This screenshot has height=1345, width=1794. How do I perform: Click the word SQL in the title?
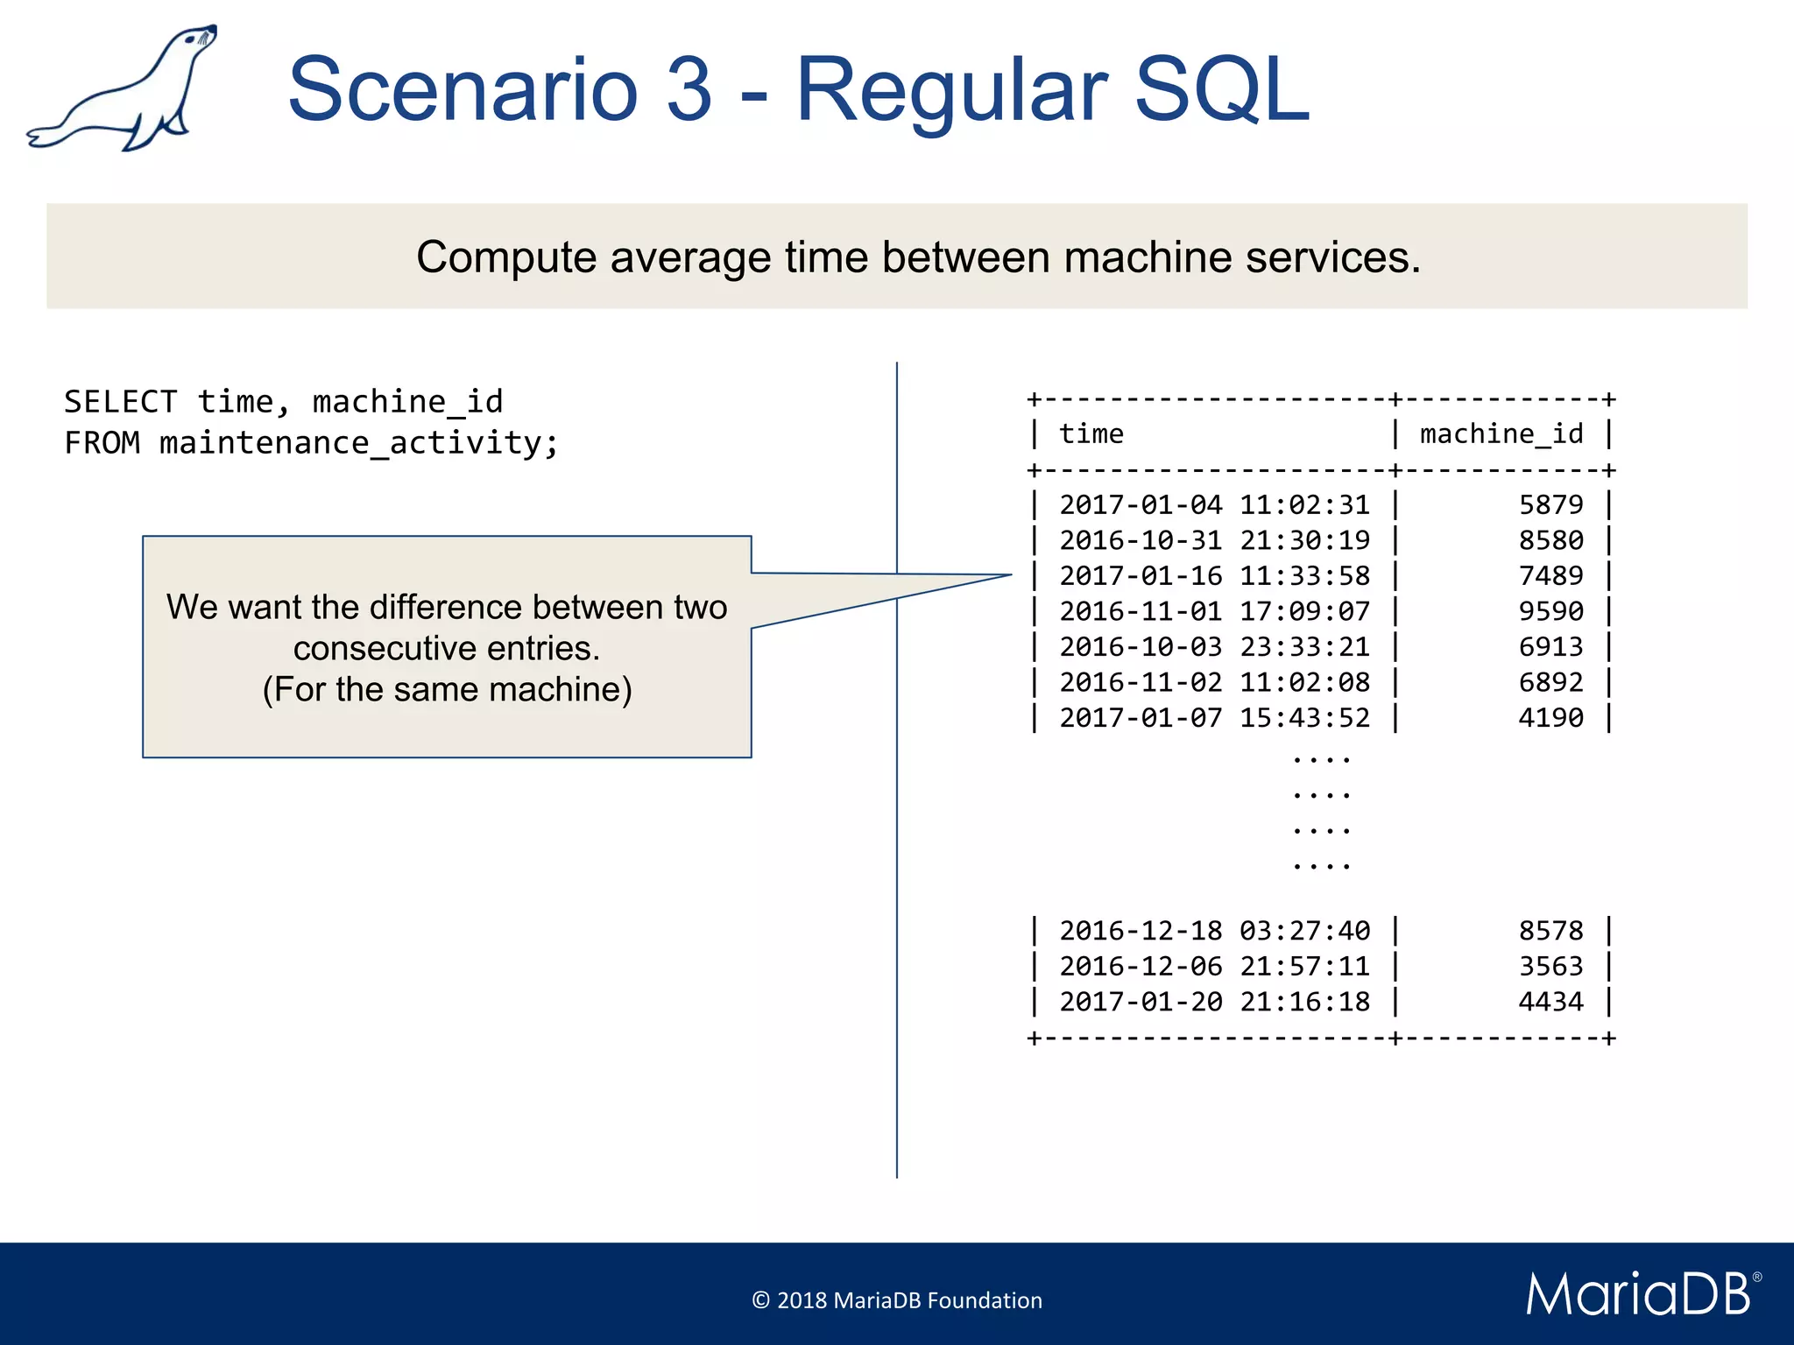(1221, 89)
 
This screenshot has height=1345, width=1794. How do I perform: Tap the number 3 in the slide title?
(689, 89)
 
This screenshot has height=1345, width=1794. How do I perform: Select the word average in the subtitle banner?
(691, 257)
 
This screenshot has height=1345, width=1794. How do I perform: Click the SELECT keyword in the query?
(121, 402)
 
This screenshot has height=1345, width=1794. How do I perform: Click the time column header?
(1091, 434)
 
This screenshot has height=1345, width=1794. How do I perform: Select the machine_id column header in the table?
(1501, 434)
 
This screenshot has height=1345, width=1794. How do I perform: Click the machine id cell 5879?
(1550, 505)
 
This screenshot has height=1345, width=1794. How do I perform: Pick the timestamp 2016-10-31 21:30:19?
(1214, 540)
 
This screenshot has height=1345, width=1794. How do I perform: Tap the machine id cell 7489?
(1550, 576)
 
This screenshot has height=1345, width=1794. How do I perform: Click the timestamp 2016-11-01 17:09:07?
(1214, 611)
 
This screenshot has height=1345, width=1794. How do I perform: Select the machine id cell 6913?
(1550, 647)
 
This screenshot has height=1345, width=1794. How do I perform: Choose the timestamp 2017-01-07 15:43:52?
(1214, 718)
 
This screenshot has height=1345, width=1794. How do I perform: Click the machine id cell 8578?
(1550, 931)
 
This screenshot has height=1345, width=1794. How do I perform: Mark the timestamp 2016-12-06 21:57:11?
(1214, 967)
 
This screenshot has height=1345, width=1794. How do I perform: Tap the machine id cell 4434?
(1550, 1002)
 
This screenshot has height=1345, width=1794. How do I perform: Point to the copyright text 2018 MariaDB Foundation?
(897, 1300)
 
